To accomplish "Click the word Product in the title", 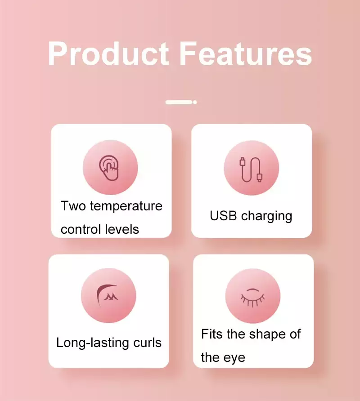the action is point(108,53).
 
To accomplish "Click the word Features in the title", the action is point(246,53).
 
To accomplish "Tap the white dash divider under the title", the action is point(179,102).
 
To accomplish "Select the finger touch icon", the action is point(109,168).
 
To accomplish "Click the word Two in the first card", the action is point(73,206).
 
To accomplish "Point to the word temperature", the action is point(126,207).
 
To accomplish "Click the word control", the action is point(84,229).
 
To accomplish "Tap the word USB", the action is point(223,216).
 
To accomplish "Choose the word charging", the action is point(266,216).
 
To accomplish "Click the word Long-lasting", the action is point(93,343).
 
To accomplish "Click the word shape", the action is point(267,335).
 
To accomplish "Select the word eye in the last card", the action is point(234,358).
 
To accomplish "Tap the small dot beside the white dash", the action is point(195,102).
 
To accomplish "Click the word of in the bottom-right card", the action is point(295,334).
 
